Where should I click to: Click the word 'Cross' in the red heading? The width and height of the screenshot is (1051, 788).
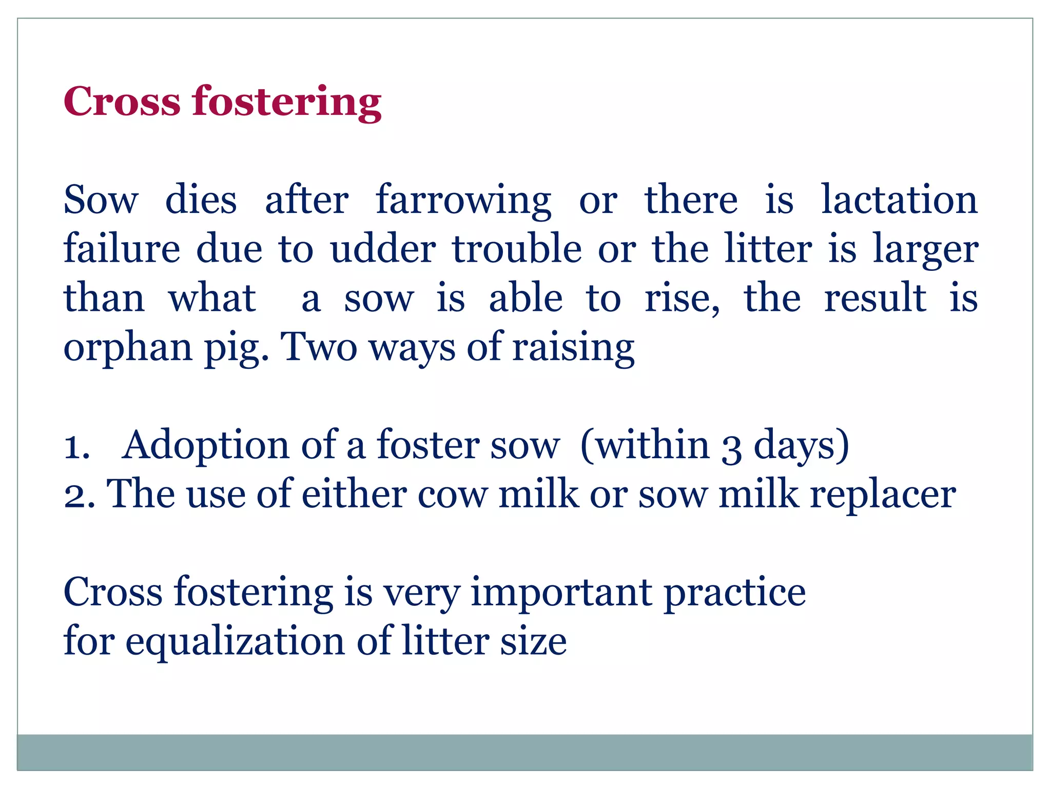pos(122,101)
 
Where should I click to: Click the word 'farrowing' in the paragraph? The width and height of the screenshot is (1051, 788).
pos(463,201)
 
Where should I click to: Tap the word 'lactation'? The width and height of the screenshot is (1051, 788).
pos(899,200)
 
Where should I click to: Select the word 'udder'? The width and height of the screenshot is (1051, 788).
pos(383,249)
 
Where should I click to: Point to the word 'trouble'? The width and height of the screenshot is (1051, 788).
pos(517,249)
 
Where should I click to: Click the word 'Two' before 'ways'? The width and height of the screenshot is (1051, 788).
pos(320,347)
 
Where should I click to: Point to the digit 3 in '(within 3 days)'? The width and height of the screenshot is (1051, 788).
pos(731,447)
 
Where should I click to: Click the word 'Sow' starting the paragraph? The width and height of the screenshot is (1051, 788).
pos(101,201)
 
